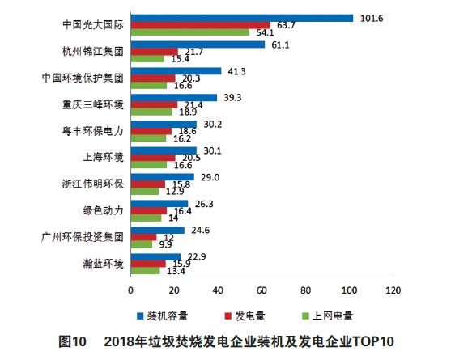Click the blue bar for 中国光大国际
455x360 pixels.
click(x=241, y=18)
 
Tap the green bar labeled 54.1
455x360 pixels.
click(x=189, y=32)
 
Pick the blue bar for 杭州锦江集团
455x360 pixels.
click(x=198, y=44)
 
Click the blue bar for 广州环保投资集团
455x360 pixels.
click(x=157, y=230)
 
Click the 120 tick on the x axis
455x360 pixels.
click(x=393, y=289)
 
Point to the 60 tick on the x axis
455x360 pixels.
click(x=262, y=289)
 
